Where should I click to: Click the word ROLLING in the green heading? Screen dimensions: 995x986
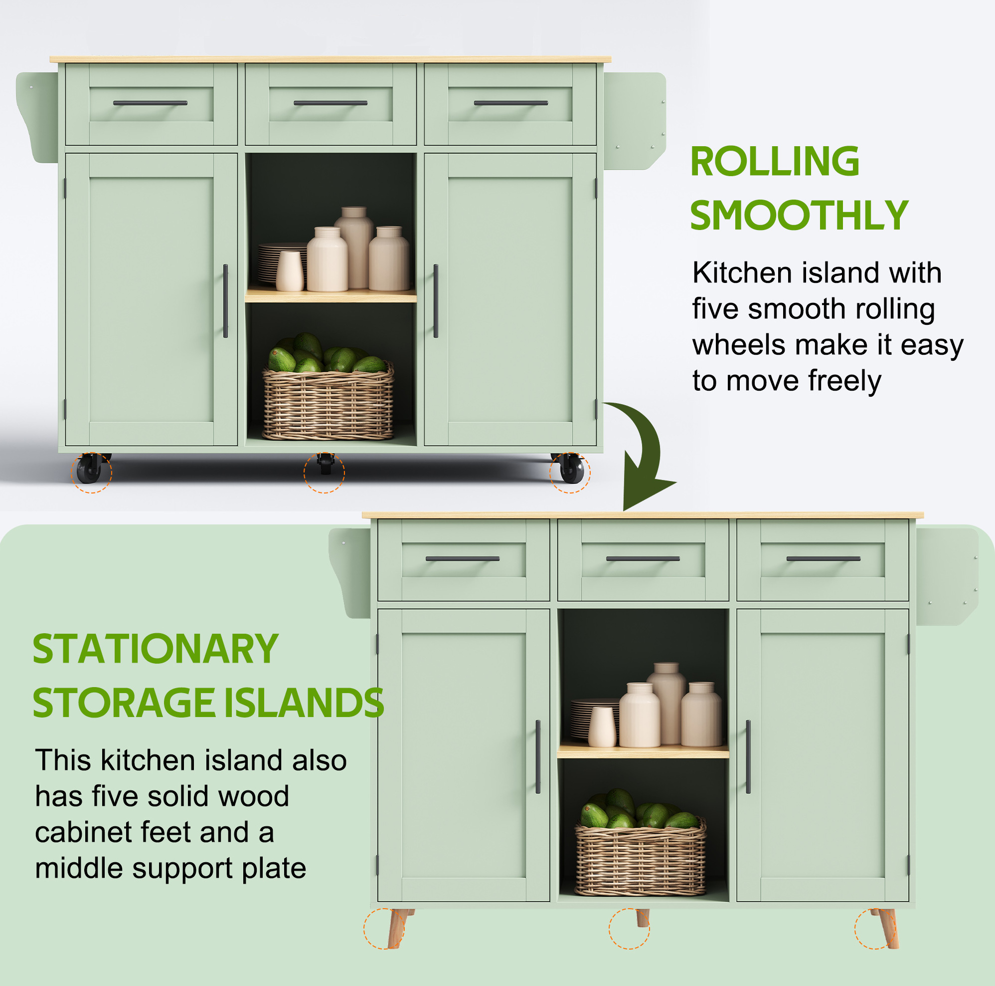775,161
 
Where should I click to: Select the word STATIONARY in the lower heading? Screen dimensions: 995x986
156,649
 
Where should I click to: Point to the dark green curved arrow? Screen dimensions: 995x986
650,449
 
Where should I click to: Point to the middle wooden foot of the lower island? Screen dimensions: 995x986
642,918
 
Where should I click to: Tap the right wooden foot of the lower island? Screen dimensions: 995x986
886,928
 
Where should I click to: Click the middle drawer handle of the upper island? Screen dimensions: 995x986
331,103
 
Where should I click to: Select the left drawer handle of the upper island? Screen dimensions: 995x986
151,103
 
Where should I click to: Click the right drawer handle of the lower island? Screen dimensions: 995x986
824,559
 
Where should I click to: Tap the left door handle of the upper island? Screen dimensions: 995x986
226,301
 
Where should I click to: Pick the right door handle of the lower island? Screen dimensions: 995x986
748,756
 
